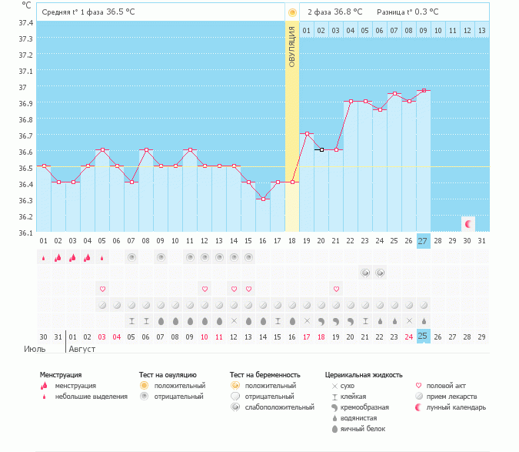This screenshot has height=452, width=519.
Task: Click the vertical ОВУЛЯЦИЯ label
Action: click(292, 46)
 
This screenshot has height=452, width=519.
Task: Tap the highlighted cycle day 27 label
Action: click(423, 240)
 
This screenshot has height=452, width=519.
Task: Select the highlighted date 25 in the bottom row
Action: click(423, 336)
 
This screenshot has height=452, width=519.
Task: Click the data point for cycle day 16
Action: click(263, 199)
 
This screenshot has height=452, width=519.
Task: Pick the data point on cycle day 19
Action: click(307, 134)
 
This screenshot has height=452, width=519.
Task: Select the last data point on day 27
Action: click(424, 90)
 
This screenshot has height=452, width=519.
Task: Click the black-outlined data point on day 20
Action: click(321, 150)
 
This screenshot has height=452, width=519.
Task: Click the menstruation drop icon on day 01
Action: click(44, 258)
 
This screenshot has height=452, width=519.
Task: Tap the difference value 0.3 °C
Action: click(424, 12)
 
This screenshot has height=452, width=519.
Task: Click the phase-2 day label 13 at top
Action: click(481, 30)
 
